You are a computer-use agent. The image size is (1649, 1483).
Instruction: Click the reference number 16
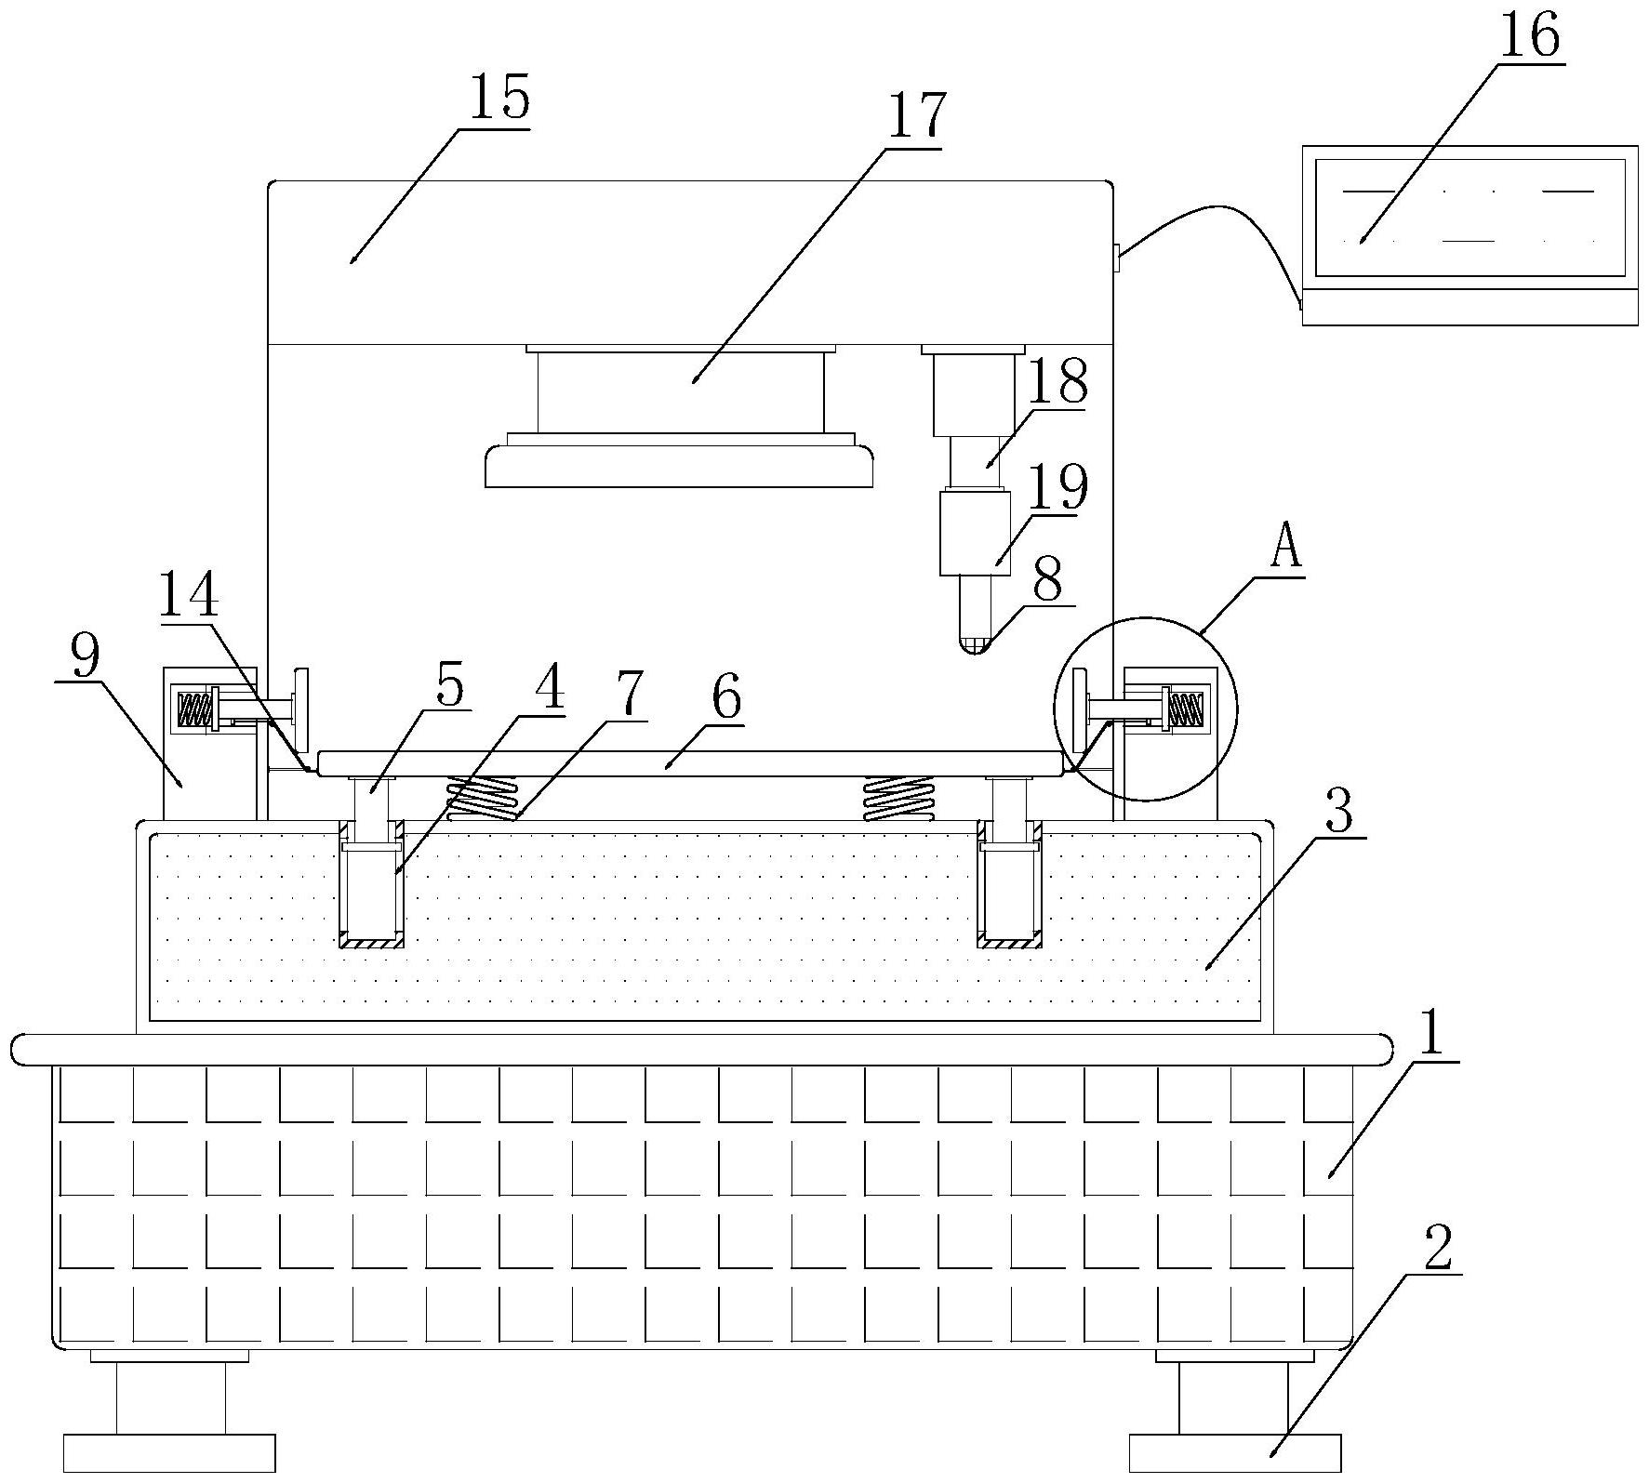(1531, 38)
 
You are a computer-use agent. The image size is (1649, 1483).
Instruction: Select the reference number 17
(915, 116)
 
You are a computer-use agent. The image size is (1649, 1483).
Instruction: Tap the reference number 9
(85, 658)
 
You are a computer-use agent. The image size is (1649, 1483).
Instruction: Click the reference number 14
(189, 596)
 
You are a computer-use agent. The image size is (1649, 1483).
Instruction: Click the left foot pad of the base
(169, 1452)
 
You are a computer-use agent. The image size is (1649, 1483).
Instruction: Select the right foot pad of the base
(1234, 1452)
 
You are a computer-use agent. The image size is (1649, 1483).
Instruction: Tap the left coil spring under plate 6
(481, 798)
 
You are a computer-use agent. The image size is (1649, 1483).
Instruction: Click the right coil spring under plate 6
(897, 798)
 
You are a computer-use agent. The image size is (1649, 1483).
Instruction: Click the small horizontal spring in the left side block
(194, 710)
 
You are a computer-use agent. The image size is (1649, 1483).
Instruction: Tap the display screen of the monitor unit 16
(1469, 217)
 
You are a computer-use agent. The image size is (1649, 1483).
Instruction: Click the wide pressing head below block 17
(679, 466)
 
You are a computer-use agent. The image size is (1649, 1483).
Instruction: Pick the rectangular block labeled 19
(974, 534)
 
